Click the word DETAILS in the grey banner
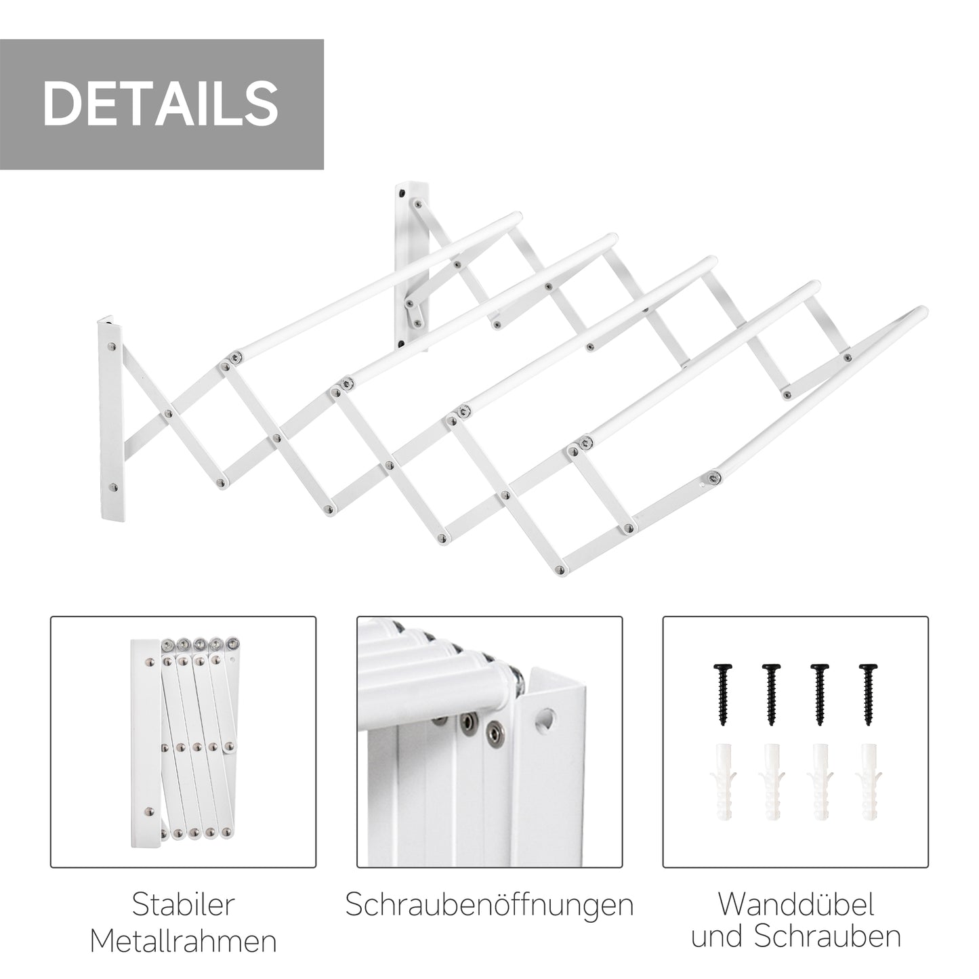click(x=161, y=104)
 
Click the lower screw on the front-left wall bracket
click(x=112, y=486)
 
